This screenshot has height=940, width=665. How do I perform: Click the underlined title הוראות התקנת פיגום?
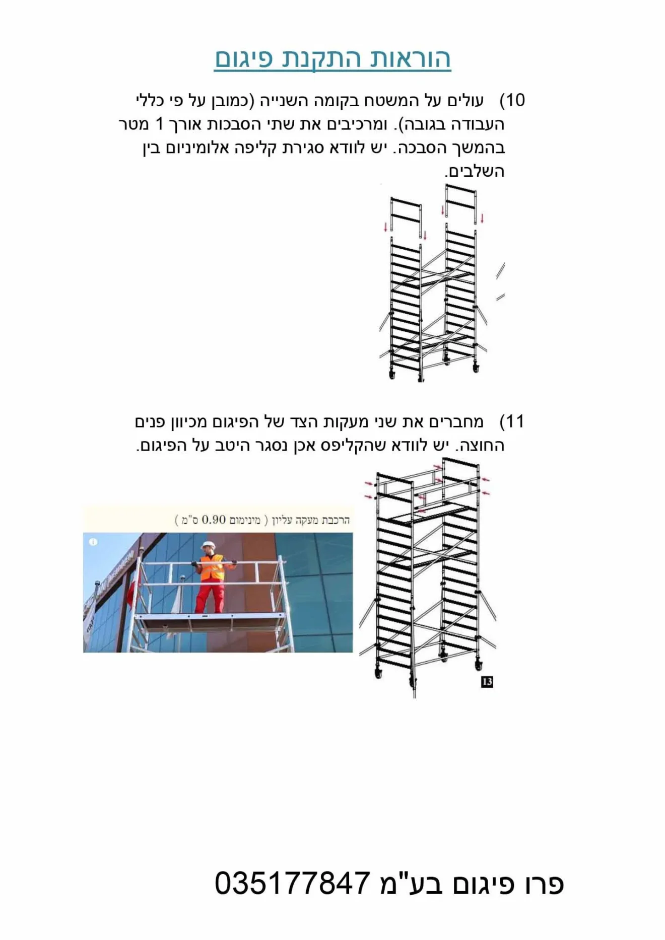[332, 59]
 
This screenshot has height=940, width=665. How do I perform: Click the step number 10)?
[512, 100]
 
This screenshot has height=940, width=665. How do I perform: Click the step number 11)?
[512, 421]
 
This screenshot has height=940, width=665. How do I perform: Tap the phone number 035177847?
[293, 883]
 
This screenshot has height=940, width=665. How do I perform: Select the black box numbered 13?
[487, 682]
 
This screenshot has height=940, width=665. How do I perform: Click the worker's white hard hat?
[207, 545]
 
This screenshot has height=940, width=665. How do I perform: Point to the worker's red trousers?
[211, 595]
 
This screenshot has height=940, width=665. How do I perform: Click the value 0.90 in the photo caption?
[213, 520]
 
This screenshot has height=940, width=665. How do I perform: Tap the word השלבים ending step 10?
[475, 171]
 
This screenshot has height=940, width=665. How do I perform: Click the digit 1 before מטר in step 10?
[160, 124]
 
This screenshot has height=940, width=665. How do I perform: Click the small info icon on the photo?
[93, 542]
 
